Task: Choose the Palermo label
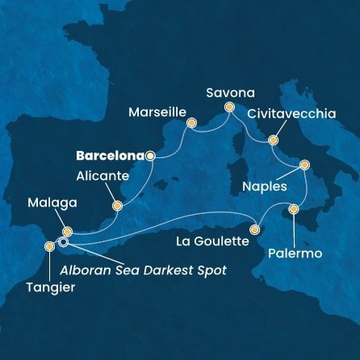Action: click(296, 253)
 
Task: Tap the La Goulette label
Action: click(211, 240)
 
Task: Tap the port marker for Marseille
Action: click(191, 123)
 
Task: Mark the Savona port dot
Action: click(229, 107)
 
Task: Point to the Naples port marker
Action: click(304, 165)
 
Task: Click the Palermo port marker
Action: click(293, 209)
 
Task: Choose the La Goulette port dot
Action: click(254, 229)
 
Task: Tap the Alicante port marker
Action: click(118, 205)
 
